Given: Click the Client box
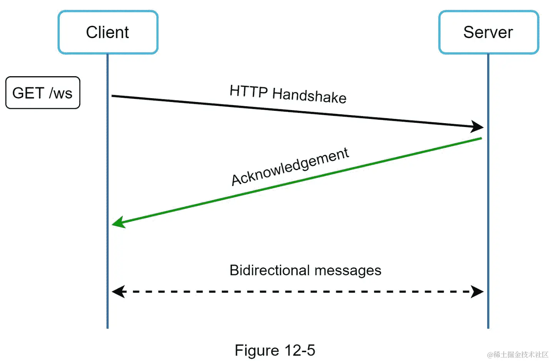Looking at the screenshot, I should point(108,32).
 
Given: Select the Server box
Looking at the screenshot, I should point(488,32).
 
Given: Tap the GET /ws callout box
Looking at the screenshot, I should point(43,93).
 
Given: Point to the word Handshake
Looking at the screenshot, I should point(309,95).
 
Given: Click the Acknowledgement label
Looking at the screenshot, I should point(290,166).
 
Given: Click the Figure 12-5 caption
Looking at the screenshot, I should point(275,351).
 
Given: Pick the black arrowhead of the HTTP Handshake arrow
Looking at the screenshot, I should point(478,127).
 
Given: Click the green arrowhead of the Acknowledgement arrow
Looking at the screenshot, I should point(117,222).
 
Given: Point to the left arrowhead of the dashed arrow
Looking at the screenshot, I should point(117,292).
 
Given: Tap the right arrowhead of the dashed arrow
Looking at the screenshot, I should point(478,292).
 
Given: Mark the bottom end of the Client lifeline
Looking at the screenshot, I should point(108,327).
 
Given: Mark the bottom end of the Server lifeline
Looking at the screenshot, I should point(488,327).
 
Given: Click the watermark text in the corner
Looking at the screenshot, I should point(518,354).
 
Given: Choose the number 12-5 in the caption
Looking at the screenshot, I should point(300,351).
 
